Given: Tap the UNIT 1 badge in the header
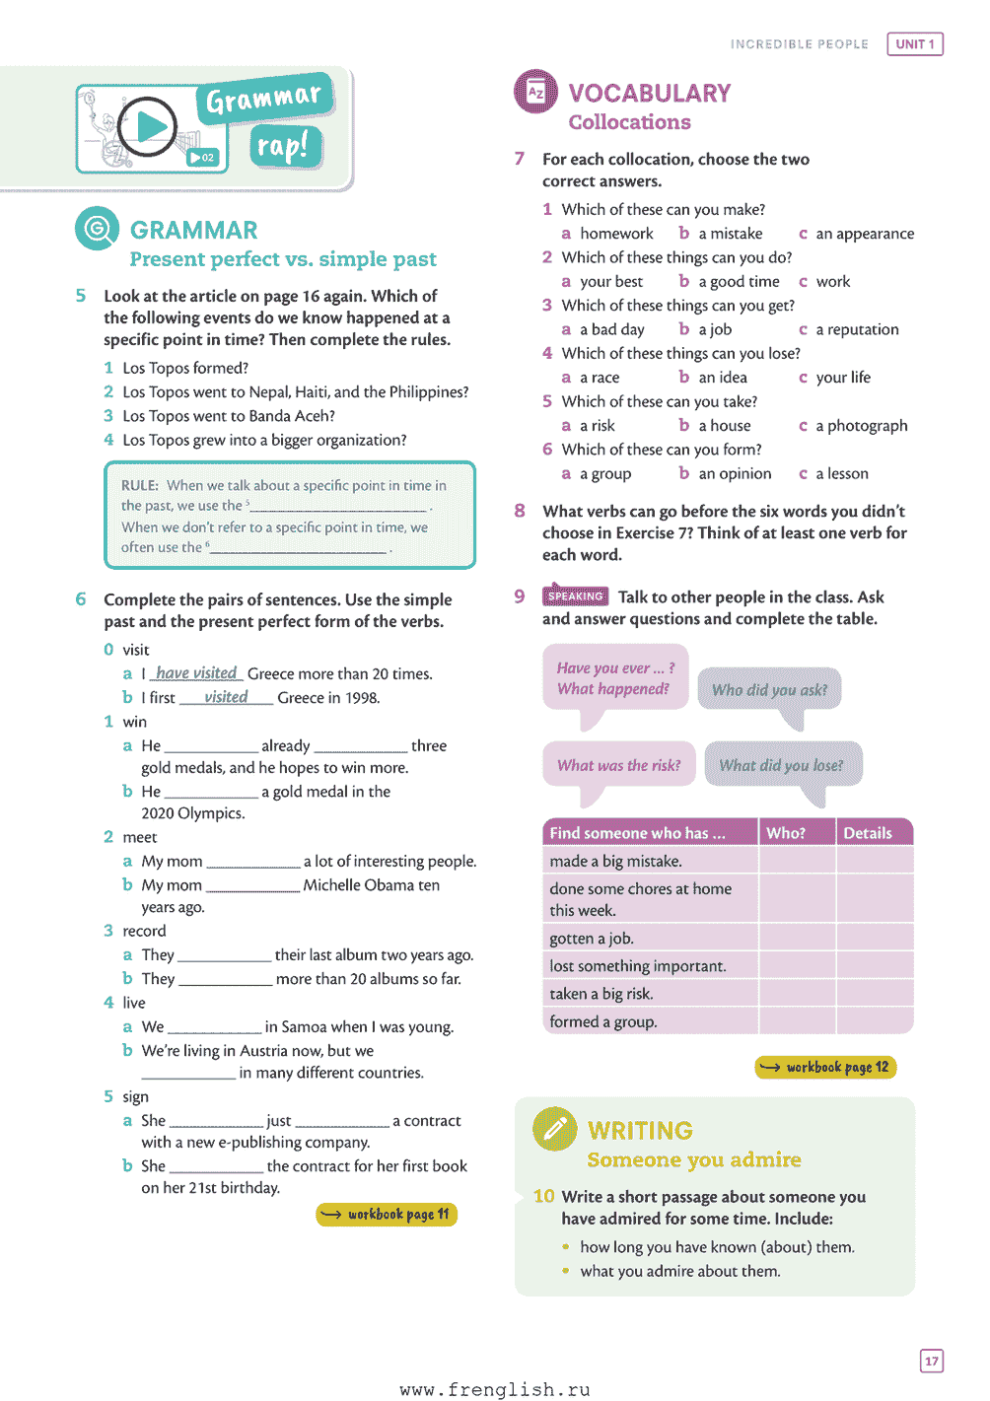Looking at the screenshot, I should [915, 44].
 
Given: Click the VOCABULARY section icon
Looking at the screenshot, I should [535, 93].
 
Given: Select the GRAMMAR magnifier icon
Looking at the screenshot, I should [97, 229].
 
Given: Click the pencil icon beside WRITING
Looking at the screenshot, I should [554, 1129].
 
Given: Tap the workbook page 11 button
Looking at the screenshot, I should [387, 1215].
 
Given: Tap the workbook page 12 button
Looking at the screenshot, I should [825, 1067].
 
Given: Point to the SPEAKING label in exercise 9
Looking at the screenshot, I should [575, 596].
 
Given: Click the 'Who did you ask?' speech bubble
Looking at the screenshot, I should [770, 690].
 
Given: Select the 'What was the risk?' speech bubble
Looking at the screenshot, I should [618, 765].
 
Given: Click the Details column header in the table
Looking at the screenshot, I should [868, 833].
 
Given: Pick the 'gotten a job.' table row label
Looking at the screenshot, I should [592, 939].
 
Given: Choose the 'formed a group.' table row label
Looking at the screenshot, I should [603, 1021].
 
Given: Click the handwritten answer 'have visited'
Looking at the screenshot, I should [196, 673].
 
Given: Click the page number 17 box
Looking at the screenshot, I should [932, 1361].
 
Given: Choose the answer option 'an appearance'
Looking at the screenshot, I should [864, 234].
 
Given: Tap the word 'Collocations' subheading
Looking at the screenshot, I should [629, 122].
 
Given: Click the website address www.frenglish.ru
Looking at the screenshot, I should [495, 1389].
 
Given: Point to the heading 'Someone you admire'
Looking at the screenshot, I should [694, 1159].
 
